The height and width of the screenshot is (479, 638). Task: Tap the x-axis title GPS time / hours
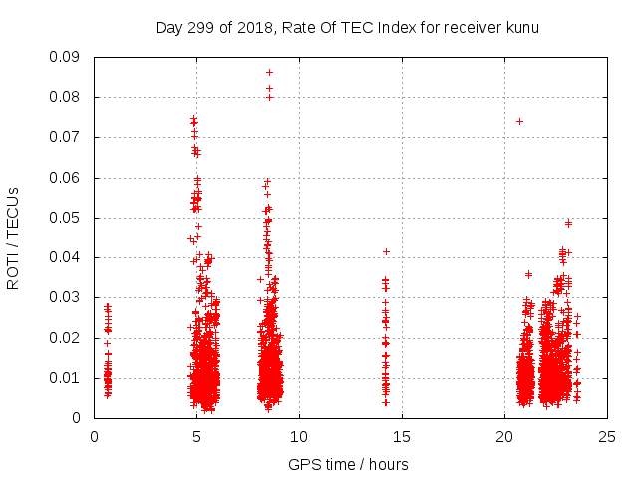[348, 465]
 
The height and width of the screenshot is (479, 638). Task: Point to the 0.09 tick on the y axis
[68, 57]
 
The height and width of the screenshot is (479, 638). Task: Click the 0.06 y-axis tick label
[68, 178]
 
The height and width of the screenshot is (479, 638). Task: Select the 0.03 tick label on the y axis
[68, 297]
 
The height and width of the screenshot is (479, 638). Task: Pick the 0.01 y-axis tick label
[68, 378]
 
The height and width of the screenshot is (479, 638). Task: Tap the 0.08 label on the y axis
[68, 97]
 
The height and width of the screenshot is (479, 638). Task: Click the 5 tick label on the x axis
[196, 436]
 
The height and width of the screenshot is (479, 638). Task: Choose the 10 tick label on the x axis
[299, 436]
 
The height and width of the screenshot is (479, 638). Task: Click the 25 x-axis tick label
[607, 436]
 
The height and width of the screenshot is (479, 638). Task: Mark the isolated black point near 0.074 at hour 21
[519, 121]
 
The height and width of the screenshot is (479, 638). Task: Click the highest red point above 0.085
[269, 72]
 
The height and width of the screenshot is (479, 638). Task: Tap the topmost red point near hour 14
[386, 251]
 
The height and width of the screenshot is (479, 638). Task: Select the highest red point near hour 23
[568, 223]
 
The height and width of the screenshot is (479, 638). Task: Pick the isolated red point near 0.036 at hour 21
[528, 274]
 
